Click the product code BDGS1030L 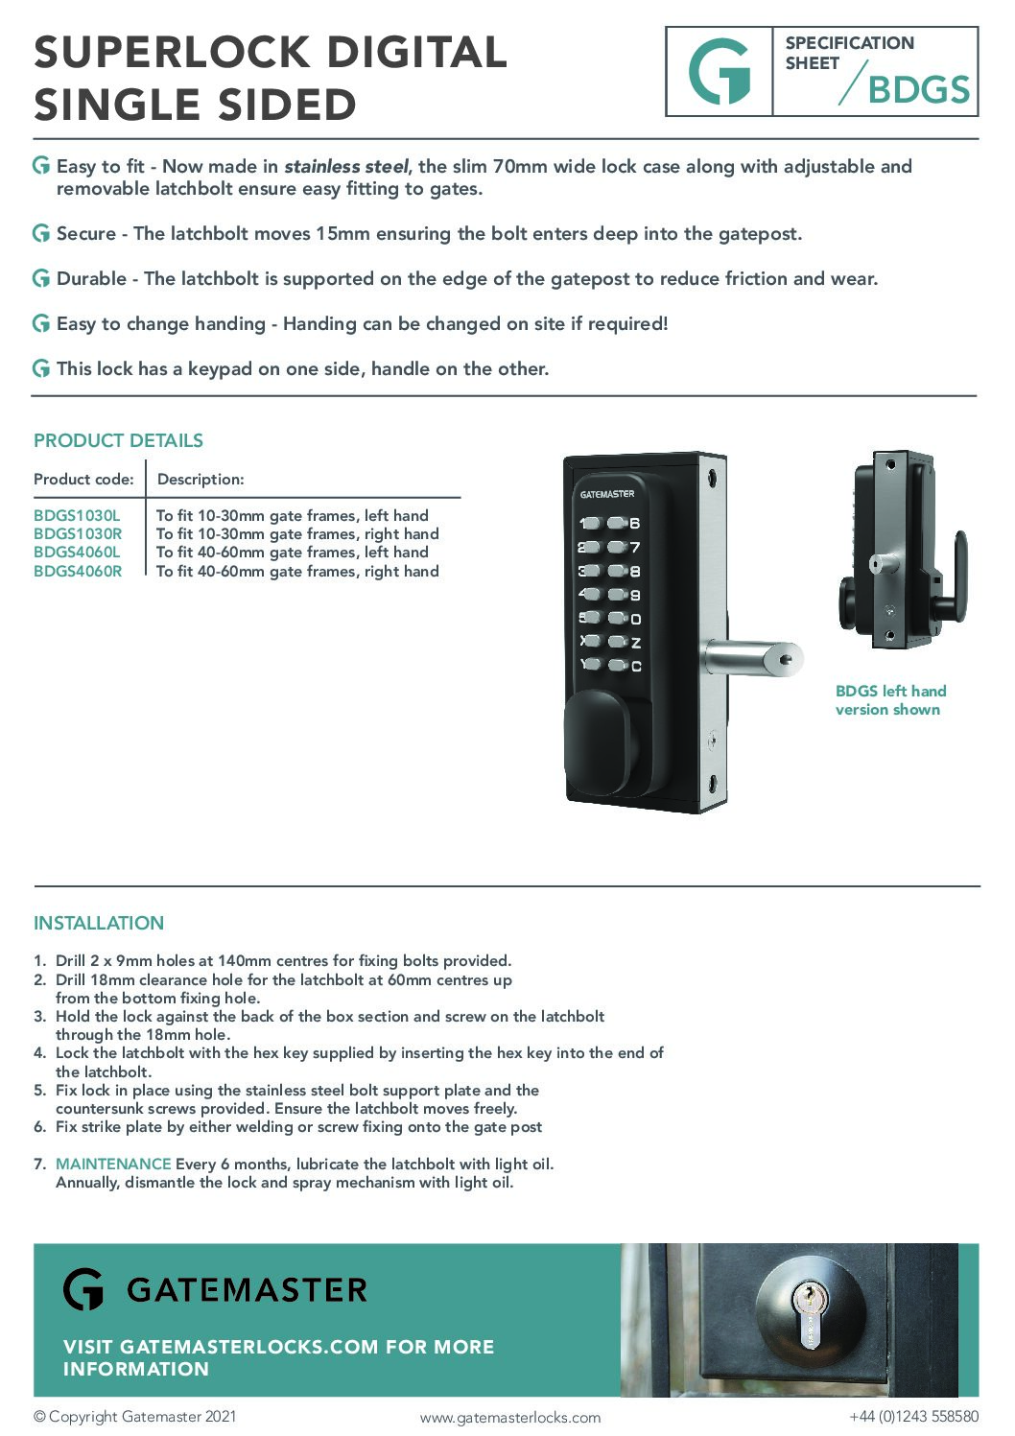pos(77,516)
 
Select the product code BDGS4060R pos(78,572)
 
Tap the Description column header pos(201,480)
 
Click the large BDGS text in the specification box pos(918,90)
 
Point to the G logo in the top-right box pos(720,72)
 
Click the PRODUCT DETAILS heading pos(118,441)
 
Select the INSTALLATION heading pos(99,924)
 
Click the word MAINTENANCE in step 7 pos(113,1165)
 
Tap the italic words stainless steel pos(346,167)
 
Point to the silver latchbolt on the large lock pos(753,659)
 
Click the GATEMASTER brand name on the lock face pos(607,494)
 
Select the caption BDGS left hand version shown pos(889,700)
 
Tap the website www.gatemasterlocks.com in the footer pos(510,1418)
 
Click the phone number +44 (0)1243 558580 pos(913,1417)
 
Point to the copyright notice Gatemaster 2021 pos(134,1417)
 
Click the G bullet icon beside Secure pos(41,233)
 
